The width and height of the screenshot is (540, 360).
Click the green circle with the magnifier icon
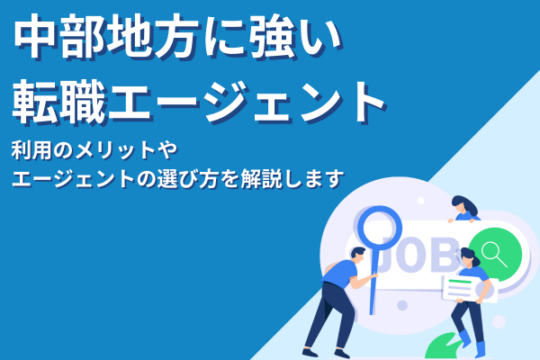tap(493, 251)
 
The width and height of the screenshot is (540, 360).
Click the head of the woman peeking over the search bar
tap(463, 205)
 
